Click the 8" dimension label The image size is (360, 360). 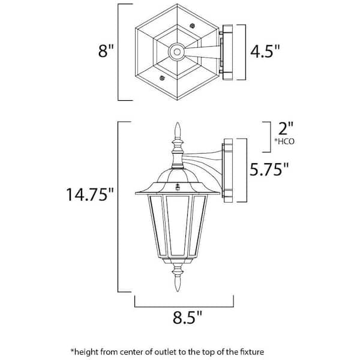pos(106,50)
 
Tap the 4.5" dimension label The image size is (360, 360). pos(265,51)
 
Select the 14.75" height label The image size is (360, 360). pos(90,194)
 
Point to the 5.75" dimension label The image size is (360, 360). pos(269,169)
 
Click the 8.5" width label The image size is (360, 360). pos(187,317)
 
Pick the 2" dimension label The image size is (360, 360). pos(286,128)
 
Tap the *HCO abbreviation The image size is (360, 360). pos(284,142)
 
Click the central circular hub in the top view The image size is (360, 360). pos(177,52)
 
